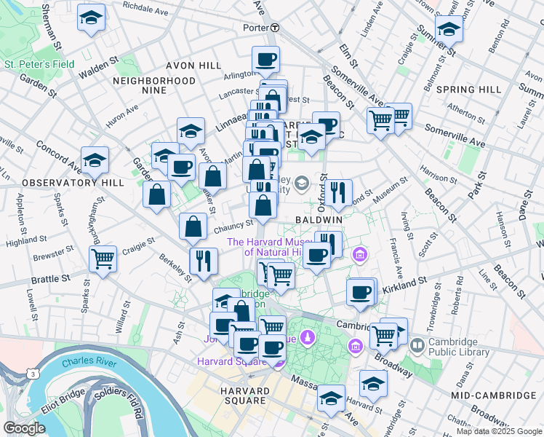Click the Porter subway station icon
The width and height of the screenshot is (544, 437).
point(275,28)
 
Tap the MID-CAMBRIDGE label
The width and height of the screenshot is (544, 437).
point(493,395)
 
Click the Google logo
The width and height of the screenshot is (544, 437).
point(24,428)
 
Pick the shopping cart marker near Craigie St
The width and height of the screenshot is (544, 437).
point(103,257)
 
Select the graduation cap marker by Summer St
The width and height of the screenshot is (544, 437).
point(449,29)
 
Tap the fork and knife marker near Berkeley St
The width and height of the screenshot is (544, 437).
point(204,260)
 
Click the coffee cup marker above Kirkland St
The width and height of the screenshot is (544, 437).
point(361,292)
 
